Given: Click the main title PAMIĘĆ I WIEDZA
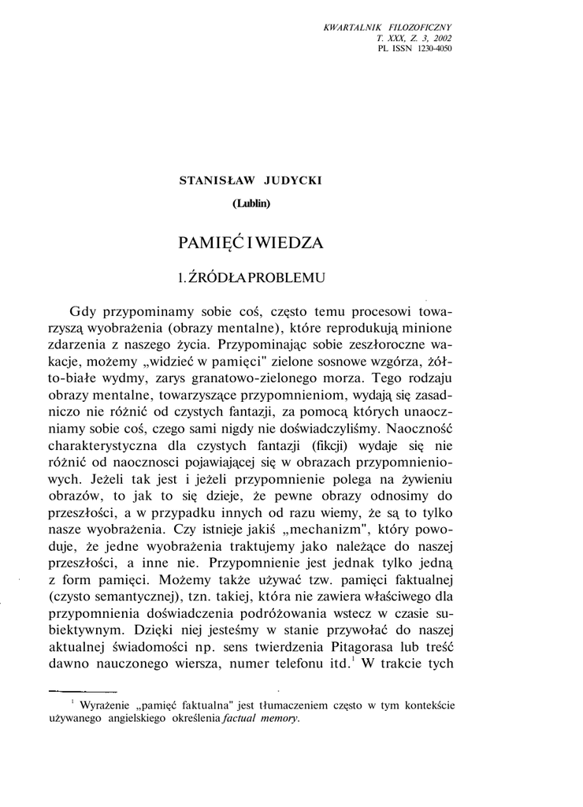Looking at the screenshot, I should [251, 242].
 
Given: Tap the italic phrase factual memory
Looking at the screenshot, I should [261, 718].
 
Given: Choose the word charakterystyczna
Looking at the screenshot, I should [119, 448].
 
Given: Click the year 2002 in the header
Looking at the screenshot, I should [441, 38].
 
